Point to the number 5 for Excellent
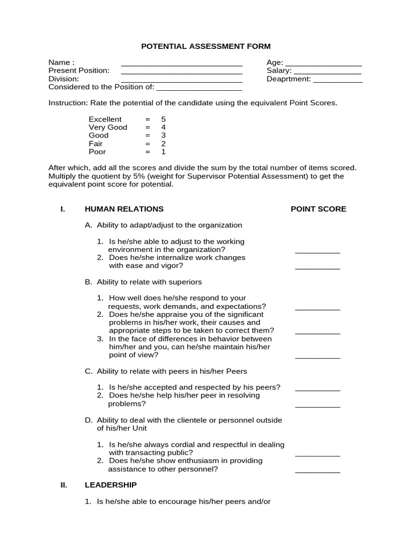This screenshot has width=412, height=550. (163, 119)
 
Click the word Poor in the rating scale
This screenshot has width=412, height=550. (97, 152)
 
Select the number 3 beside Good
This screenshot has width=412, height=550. (163, 135)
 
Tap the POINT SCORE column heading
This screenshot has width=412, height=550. (318, 209)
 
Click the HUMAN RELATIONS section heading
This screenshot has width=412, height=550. (124, 209)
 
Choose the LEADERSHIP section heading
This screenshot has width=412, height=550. (111, 485)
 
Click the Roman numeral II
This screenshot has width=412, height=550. (64, 485)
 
